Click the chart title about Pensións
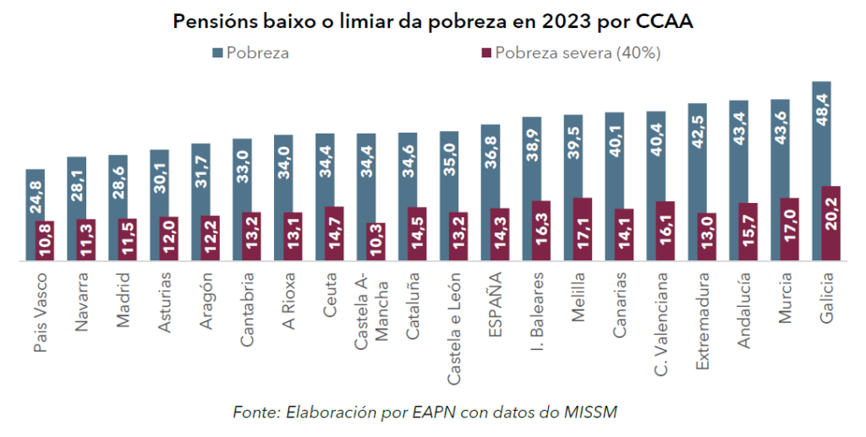pos(433,22)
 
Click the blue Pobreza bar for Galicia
pos(820,131)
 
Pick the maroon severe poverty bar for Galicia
pos(830,223)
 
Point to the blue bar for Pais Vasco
pos(35,194)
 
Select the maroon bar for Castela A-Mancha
pos(375,242)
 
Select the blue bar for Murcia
pos(779,148)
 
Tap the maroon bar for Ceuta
pos(334,233)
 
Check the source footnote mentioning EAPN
pos(425,412)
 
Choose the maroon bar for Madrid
pos(127,239)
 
